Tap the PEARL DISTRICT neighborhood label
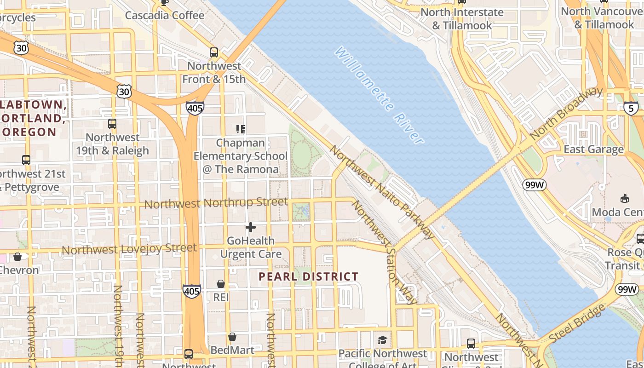coord(308,276)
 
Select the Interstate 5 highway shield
coord(631,109)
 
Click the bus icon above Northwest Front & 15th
coord(214,52)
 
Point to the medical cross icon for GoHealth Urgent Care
coord(251,227)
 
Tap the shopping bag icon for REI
coord(221,284)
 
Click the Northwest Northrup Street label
coord(216,203)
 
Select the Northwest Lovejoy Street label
coord(129,249)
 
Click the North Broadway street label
coord(566,113)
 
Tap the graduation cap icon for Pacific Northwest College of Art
coord(382,340)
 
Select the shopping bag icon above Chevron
coord(17,257)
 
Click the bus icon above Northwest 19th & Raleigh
coord(112,123)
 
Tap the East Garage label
coord(593,149)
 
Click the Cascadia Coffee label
coord(165,15)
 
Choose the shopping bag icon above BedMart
coord(232,337)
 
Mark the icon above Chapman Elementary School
coord(240,129)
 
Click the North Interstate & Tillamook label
coord(462,19)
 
